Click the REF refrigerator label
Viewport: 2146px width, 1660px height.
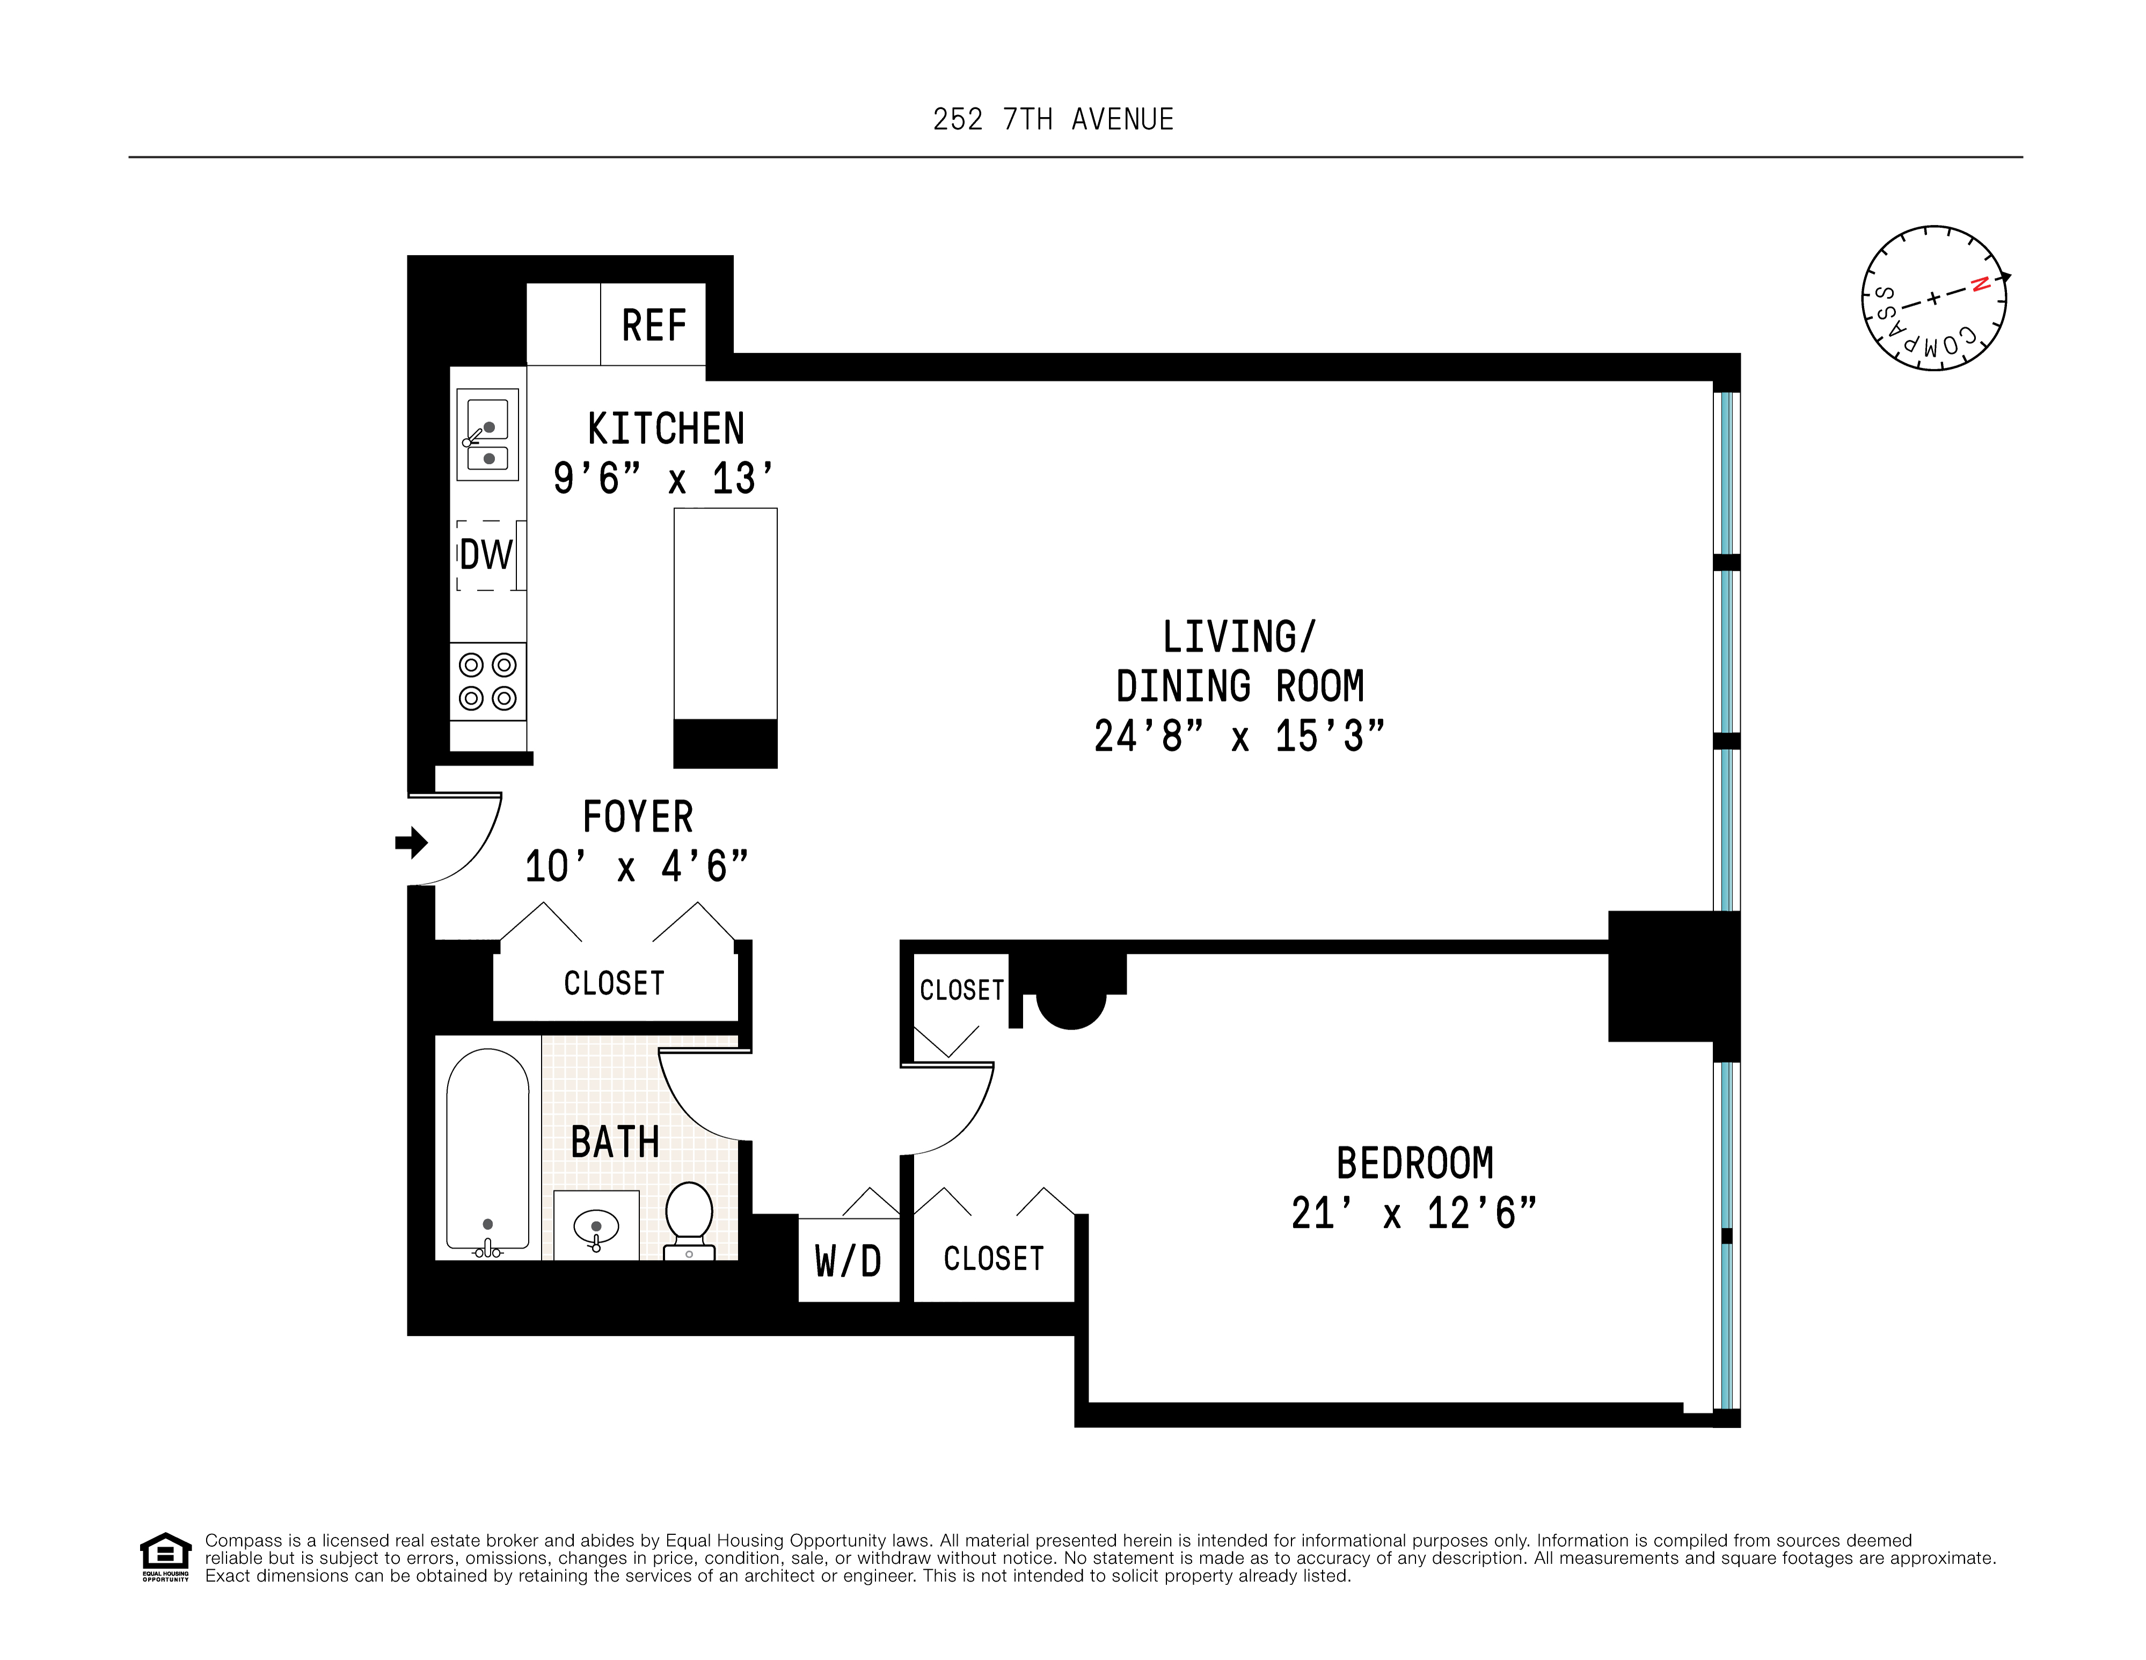653,325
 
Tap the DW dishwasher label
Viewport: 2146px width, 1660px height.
486,555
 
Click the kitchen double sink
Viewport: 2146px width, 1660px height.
487,434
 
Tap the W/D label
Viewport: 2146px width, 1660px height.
848,1261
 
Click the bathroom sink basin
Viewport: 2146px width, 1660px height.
595,1227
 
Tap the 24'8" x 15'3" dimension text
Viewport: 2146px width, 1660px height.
1239,736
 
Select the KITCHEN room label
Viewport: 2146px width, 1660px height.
665,430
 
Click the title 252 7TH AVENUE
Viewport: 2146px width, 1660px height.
1053,120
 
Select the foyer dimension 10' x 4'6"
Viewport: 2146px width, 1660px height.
636,867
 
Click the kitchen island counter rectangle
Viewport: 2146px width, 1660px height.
725,614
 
